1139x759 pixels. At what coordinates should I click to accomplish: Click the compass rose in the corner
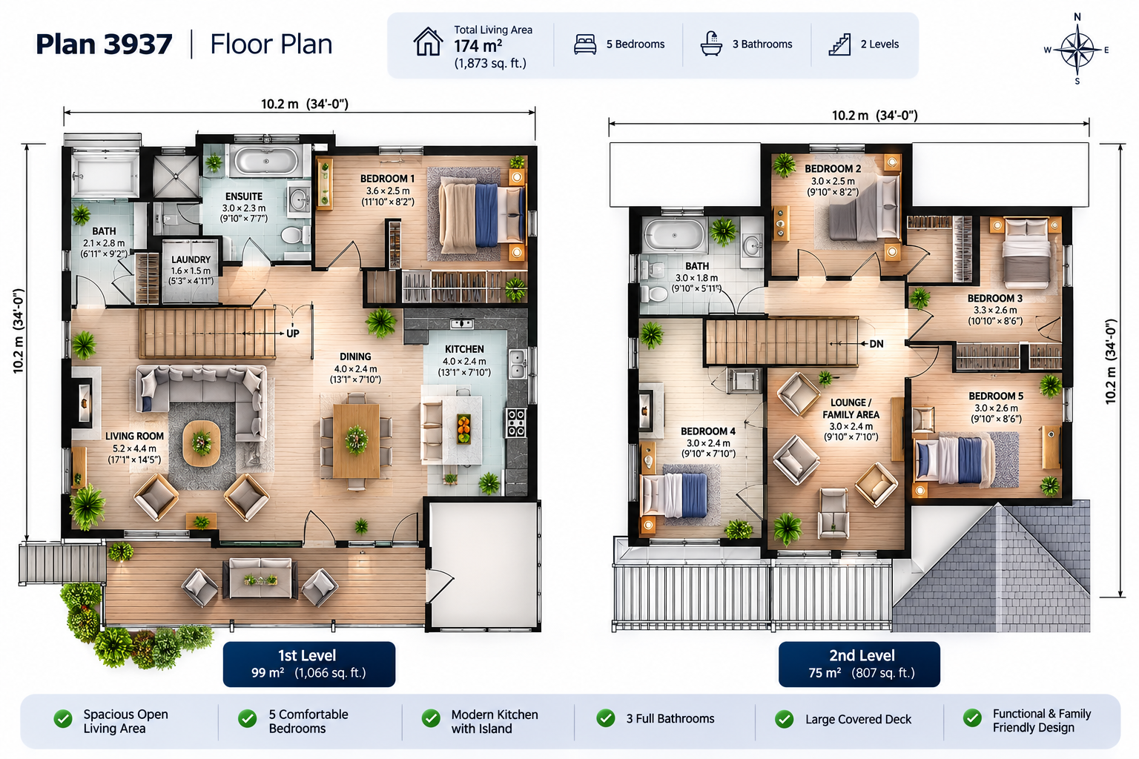coord(1077,50)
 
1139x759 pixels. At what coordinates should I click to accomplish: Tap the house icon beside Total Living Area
coord(428,42)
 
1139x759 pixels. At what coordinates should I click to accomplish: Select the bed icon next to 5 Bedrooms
coord(585,44)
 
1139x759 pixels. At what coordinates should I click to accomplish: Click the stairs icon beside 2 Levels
coord(839,44)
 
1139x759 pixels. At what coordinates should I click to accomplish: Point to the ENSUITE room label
coord(244,196)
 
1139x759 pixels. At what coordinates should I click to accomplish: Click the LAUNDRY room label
coord(191,259)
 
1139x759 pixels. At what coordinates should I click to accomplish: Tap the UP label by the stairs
coord(293,334)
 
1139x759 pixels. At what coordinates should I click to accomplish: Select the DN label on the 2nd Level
coord(876,344)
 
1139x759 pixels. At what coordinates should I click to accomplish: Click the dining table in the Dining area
coord(356,441)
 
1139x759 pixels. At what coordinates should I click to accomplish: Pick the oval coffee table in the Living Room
coord(202,443)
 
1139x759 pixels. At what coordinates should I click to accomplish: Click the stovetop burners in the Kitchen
coord(515,423)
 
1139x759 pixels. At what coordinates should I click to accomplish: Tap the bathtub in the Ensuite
coord(266,162)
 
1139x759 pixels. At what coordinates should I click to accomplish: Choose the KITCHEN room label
coord(464,349)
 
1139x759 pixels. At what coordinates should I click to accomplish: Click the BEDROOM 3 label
coord(994,299)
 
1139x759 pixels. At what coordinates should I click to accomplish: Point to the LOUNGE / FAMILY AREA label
coord(851,408)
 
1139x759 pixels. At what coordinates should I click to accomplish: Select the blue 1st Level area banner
coord(309,664)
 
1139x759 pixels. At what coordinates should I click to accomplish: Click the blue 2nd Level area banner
coord(859,664)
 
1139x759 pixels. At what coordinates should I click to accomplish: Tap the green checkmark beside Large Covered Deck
coord(784,719)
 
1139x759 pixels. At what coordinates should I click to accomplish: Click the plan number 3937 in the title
coord(139,44)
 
